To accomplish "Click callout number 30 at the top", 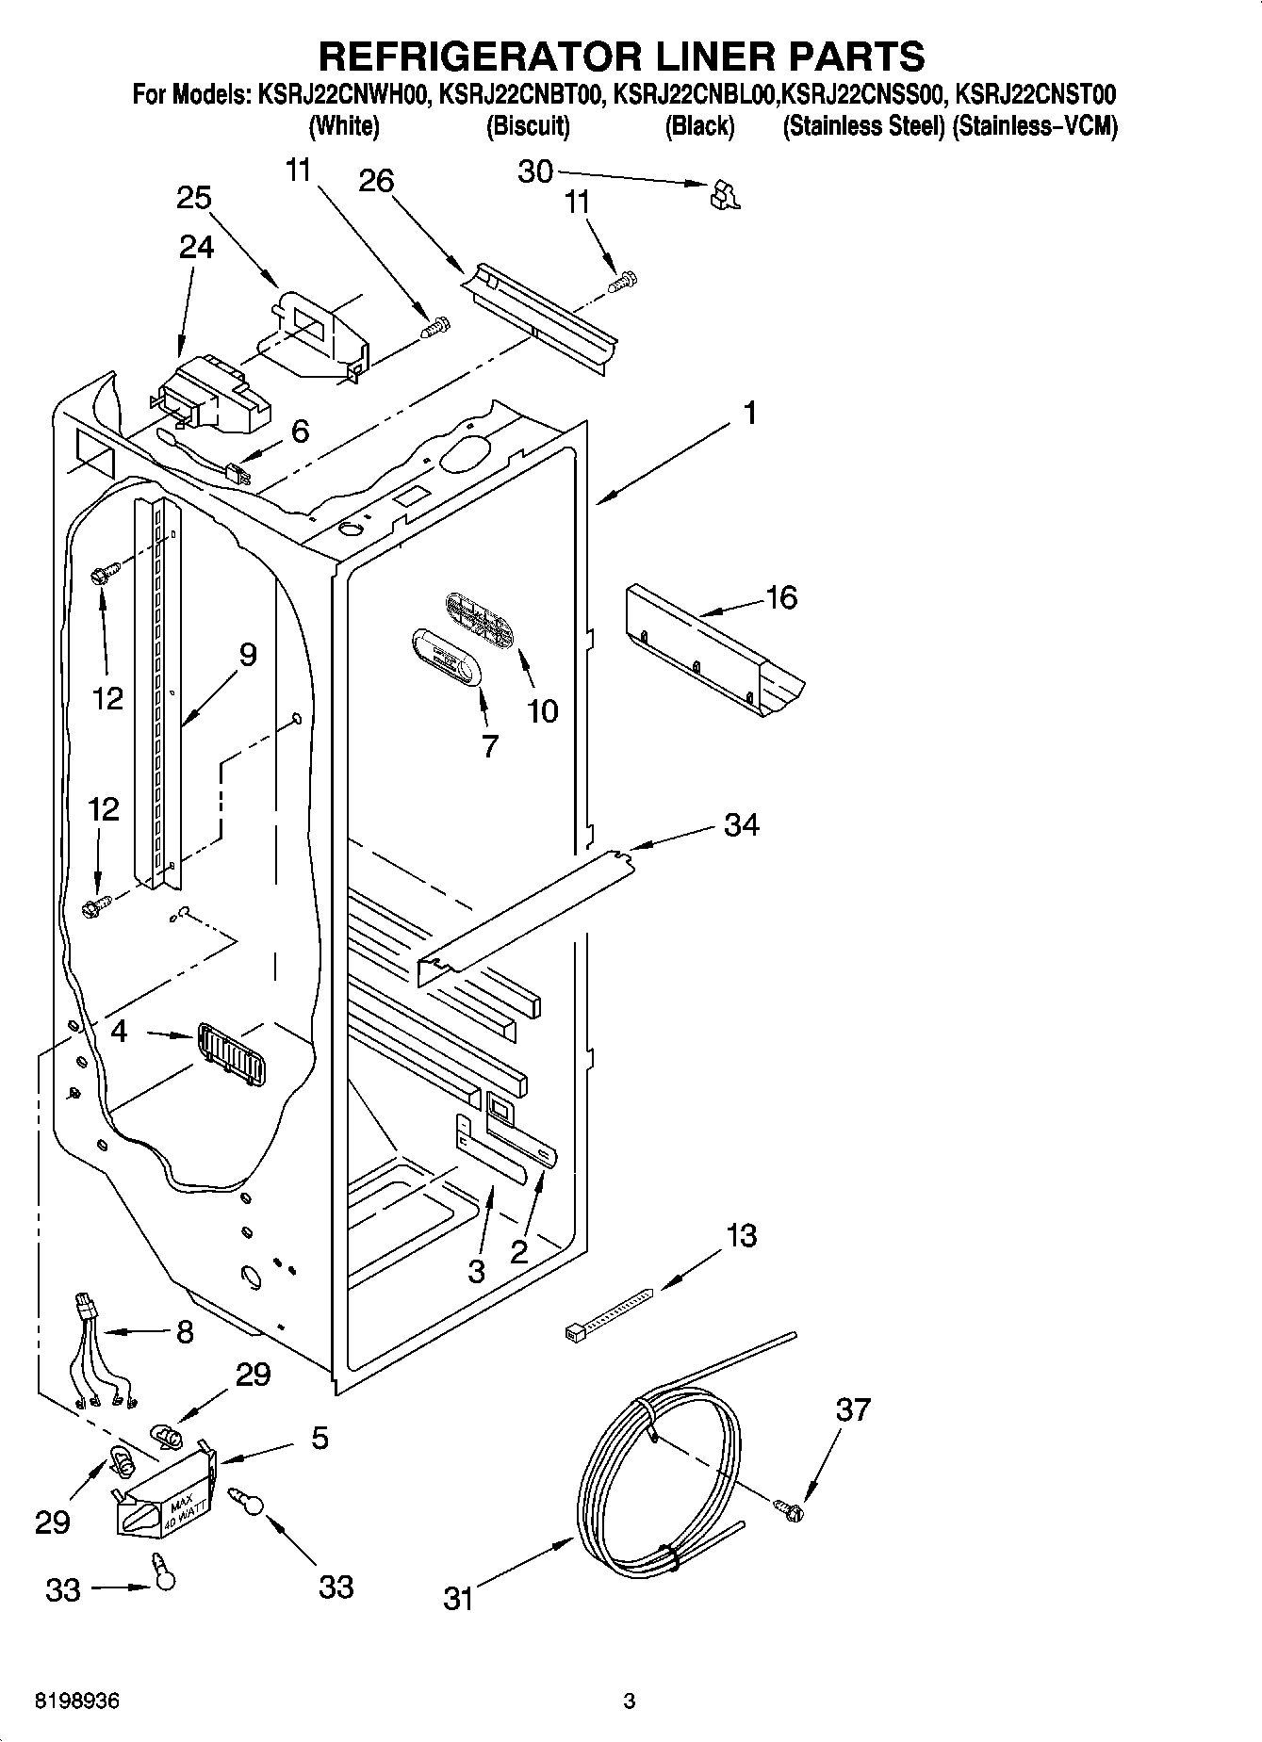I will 535,171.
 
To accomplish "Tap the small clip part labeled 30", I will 724,194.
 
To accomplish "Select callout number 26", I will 376,181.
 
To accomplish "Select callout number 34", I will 742,825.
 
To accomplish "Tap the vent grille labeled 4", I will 232,1054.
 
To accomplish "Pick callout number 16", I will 782,597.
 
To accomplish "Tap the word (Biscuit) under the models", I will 528,126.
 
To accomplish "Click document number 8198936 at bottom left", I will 77,1701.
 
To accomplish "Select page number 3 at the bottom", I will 630,1701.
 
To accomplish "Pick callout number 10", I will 542,711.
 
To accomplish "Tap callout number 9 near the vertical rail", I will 247,655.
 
